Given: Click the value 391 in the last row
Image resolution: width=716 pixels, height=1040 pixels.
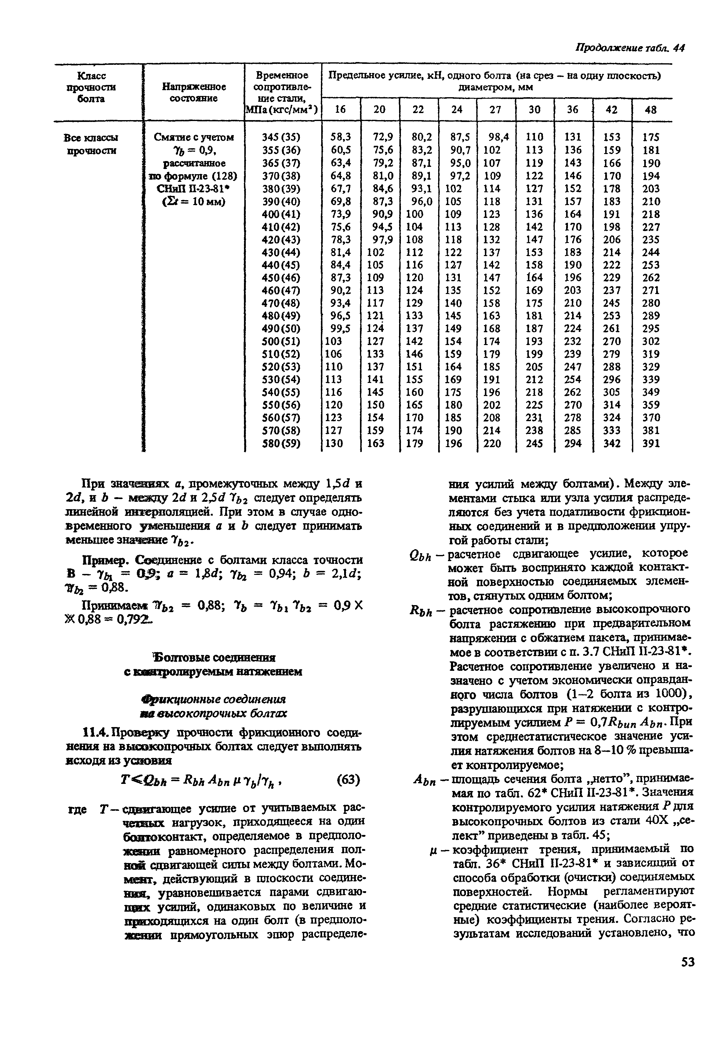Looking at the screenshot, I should point(651,443).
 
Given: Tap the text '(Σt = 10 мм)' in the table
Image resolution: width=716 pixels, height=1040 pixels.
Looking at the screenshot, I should point(193,202).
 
